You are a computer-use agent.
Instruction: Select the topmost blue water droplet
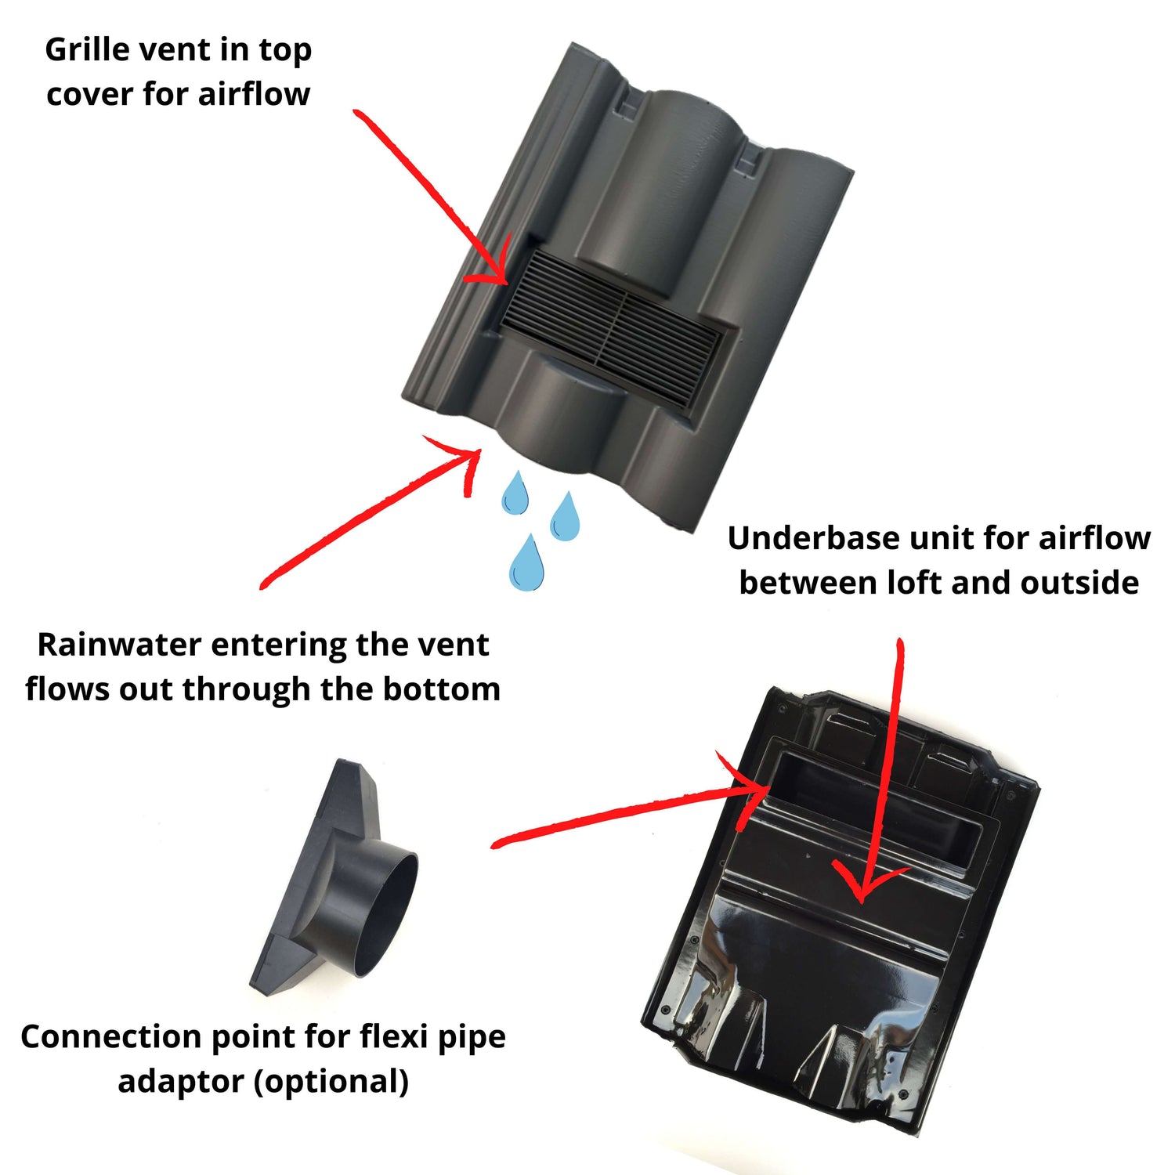click(x=515, y=493)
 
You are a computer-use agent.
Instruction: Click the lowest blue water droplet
click(x=526, y=562)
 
